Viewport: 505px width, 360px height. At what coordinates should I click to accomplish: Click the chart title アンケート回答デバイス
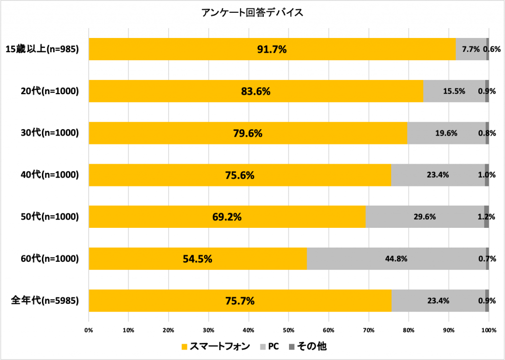(x=252, y=12)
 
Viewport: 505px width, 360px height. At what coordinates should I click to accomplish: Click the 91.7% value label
(x=272, y=49)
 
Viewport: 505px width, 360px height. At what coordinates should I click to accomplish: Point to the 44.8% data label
(x=397, y=258)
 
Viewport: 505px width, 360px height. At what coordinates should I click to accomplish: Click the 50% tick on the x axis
(x=289, y=330)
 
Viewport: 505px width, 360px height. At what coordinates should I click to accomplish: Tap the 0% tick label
(x=89, y=330)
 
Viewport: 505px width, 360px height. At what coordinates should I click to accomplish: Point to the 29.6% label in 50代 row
(x=425, y=216)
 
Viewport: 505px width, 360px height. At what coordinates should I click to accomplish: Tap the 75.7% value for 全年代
(x=240, y=300)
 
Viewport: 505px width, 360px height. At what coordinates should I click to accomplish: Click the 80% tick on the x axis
(x=408, y=330)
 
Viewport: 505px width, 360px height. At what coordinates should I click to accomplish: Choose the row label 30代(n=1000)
(x=45, y=133)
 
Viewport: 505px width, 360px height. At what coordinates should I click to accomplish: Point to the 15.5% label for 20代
(x=454, y=91)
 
